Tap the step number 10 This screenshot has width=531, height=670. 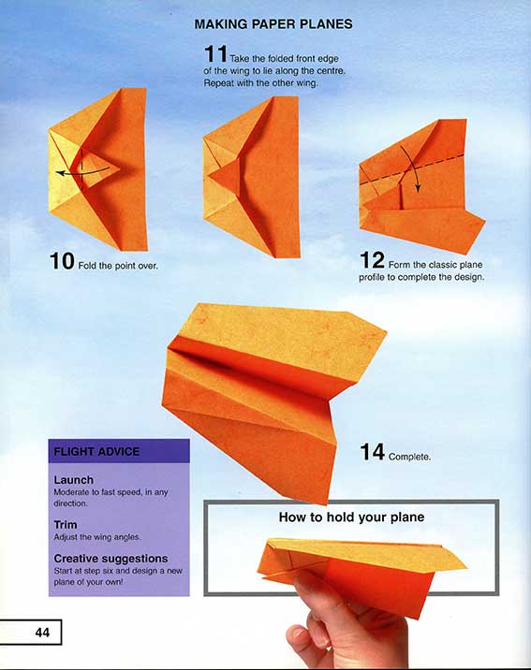[x=63, y=263]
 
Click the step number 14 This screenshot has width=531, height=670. [x=372, y=454]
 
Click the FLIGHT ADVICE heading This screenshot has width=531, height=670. [x=96, y=452]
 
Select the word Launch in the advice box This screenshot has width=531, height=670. [x=74, y=480]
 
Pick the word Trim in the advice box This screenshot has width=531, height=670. [x=66, y=525]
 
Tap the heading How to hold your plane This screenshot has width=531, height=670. [x=352, y=517]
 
